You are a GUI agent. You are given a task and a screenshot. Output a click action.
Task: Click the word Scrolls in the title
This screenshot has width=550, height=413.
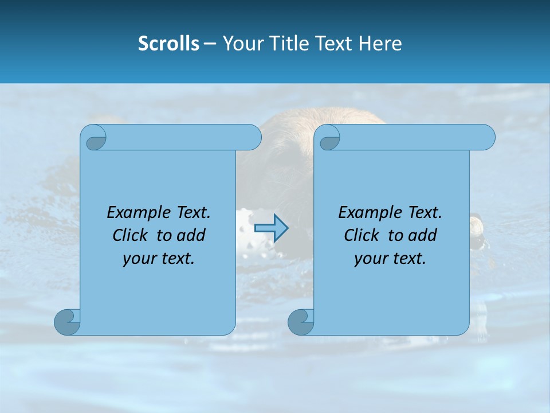168,44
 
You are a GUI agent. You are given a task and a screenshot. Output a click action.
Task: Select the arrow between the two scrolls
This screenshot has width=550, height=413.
271,228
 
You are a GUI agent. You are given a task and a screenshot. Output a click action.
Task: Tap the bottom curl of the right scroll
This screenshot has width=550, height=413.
301,322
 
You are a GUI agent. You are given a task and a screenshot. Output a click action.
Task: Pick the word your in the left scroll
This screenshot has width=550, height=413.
137,259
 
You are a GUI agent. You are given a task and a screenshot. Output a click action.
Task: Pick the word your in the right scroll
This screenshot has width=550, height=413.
368,259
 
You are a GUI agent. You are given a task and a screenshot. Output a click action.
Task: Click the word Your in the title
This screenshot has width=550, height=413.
242,44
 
